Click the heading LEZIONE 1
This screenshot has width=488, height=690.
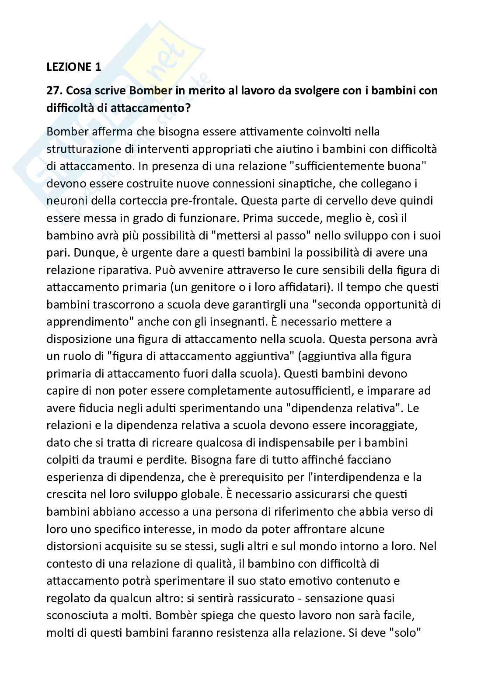pyautogui.click(x=73, y=67)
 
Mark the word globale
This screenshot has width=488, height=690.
pyautogui.click(x=204, y=495)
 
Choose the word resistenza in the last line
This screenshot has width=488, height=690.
pyautogui.click(x=224, y=633)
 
